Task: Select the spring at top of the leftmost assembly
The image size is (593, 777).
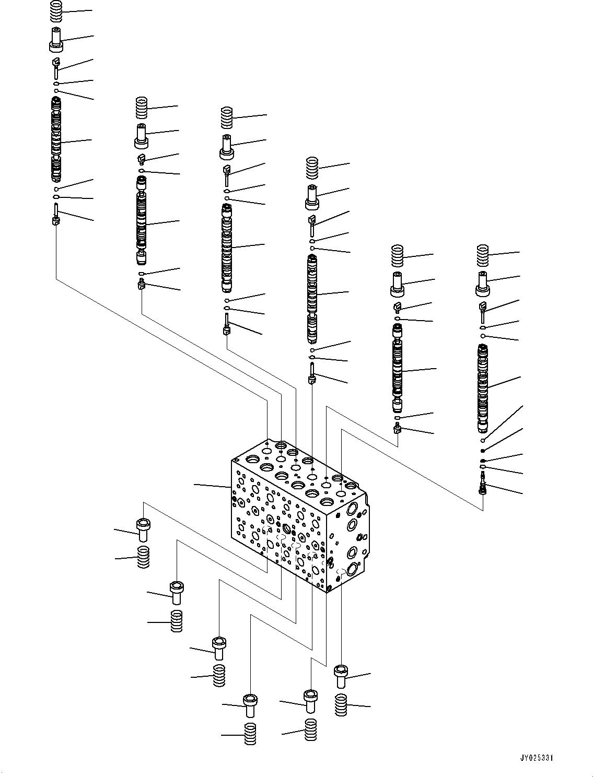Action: (x=55, y=11)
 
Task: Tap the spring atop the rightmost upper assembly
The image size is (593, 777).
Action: (x=482, y=255)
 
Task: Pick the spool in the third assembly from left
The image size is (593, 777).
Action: (x=227, y=248)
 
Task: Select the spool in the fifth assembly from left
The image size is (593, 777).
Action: (x=398, y=368)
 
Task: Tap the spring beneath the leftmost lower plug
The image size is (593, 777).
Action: (x=143, y=557)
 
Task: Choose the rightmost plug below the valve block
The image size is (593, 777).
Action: (x=341, y=676)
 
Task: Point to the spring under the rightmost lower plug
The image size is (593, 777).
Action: (x=341, y=705)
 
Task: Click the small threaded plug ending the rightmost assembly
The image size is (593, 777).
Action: (x=483, y=488)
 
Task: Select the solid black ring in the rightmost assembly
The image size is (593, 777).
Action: (x=483, y=450)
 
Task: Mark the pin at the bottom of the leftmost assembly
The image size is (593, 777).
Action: (x=56, y=215)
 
